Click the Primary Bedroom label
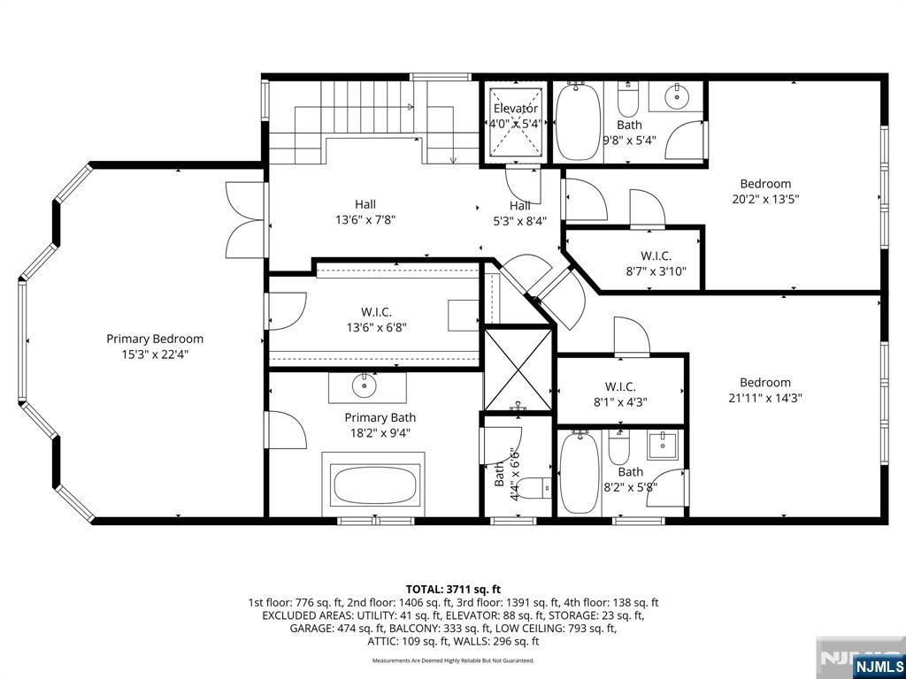154,339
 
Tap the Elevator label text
516,108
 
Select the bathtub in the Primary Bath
373,484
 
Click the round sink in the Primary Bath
365,387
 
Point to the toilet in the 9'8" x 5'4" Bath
627,99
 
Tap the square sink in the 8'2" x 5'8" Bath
662,446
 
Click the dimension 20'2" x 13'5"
765,199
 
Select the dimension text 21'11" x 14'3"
765,398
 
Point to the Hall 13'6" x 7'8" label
365,212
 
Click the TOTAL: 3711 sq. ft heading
453,590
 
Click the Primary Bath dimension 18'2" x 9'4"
380,431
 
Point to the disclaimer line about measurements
453,660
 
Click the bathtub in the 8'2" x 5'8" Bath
580,473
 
